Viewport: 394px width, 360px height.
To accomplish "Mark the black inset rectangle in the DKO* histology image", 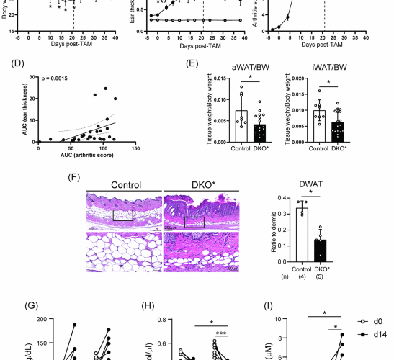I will (194, 222).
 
